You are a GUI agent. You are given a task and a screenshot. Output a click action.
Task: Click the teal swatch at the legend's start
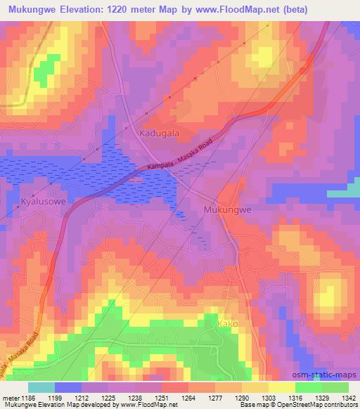[x=41, y=387]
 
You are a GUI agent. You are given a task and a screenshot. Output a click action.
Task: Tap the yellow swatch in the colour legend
[x=281, y=387]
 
